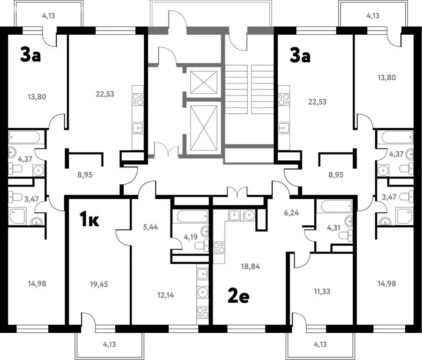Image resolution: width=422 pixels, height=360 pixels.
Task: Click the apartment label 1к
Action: pos(89,219)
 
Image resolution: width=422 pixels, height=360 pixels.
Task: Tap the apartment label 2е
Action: pos(238,296)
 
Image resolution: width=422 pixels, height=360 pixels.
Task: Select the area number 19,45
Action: pos(99,284)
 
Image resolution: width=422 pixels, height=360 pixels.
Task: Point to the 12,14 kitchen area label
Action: pos(165,295)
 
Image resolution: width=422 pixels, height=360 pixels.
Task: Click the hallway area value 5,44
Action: pos(150,227)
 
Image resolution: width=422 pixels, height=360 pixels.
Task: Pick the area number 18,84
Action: pos(251,266)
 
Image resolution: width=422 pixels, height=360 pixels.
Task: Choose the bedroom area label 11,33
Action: pos(322,292)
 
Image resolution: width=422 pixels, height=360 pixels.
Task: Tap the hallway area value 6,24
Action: pos(291,213)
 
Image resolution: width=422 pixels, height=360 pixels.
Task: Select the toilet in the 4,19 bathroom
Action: pos(201,246)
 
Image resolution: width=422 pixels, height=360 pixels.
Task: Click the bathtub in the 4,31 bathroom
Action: pos(336,206)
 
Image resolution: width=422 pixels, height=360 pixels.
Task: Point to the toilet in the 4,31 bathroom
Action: pos(346,236)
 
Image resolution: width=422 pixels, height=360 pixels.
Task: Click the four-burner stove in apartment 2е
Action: pos(219,247)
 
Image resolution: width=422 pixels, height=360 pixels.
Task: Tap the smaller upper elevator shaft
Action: pos(203,82)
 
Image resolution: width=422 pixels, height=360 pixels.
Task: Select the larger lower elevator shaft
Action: pos(203,127)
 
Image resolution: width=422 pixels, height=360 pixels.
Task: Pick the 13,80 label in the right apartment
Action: pos(387,77)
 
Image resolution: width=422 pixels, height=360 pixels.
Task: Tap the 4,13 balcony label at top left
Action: pos(48,15)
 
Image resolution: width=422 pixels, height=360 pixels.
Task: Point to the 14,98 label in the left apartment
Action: pos(37,283)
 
